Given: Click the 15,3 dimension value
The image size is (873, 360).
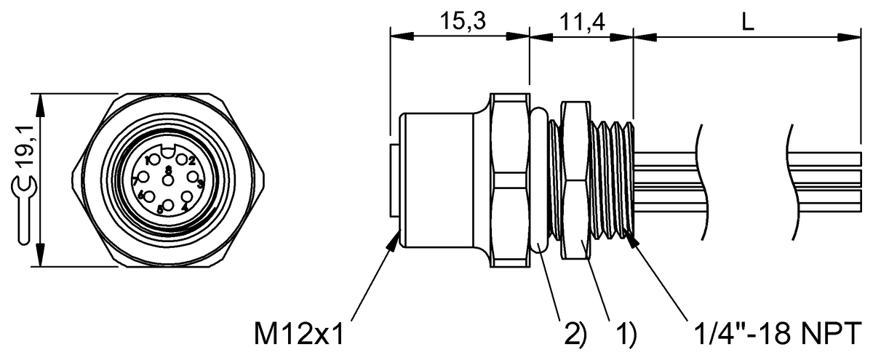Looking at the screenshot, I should click(460, 22).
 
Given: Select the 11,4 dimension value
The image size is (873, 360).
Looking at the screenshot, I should click(582, 22).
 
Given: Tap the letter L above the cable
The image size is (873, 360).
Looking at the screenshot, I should click(747, 22).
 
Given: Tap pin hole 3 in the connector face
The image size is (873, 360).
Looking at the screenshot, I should click(194, 177).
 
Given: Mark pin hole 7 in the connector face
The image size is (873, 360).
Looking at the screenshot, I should click(144, 177).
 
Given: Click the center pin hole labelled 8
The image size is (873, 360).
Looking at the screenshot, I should click(169, 180).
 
